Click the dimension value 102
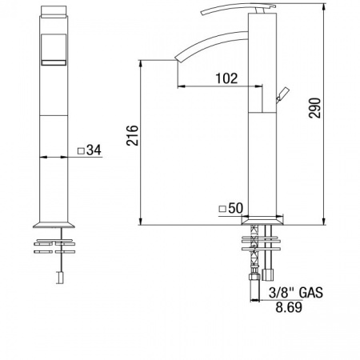pos(226,78)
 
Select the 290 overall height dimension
pos(314,108)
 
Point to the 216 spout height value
pos(132,135)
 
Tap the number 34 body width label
pos(94,150)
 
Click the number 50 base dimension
pos(236,208)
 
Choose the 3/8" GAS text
pos(296,293)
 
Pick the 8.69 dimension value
pos(289,307)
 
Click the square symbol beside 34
pos(81,151)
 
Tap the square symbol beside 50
pos(222,209)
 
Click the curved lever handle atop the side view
pos(238,7)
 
